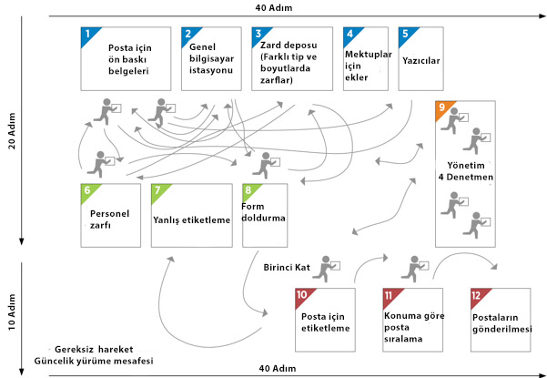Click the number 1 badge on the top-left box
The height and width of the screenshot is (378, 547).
coord(87,34)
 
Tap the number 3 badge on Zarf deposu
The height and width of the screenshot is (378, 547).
coord(258,34)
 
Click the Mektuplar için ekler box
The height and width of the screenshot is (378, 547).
coord(365,59)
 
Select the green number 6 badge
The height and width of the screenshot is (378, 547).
coord(87,190)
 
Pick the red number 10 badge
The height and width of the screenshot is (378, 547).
coord(302,295)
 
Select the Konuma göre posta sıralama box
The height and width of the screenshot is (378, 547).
coord(410,320)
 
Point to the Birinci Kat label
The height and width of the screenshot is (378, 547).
coord(288,268)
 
